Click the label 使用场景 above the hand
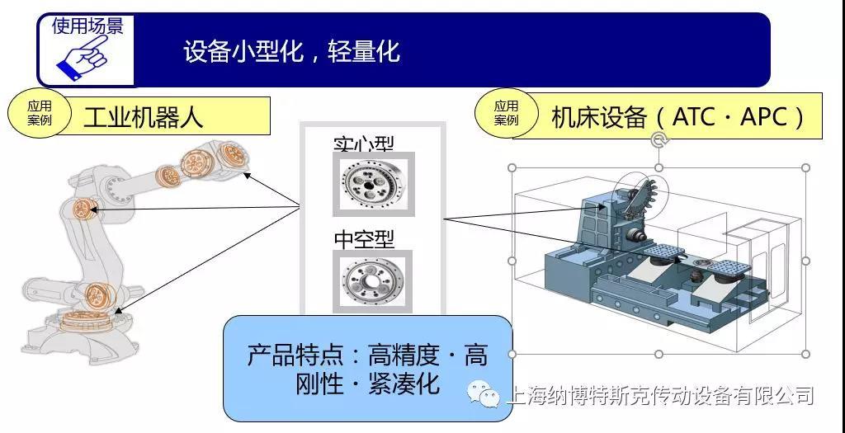coord(87,26)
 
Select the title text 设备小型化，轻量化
coord(291,51)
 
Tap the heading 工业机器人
coord(143,116)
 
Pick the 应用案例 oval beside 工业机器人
coord(39,114)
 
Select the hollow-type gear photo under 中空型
coord(373,281)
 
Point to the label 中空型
coord(364,239)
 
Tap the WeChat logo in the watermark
coord(484,395)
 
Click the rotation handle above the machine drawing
coord(659,139)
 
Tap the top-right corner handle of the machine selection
coord(805,167)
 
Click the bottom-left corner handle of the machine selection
coord(512,353)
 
